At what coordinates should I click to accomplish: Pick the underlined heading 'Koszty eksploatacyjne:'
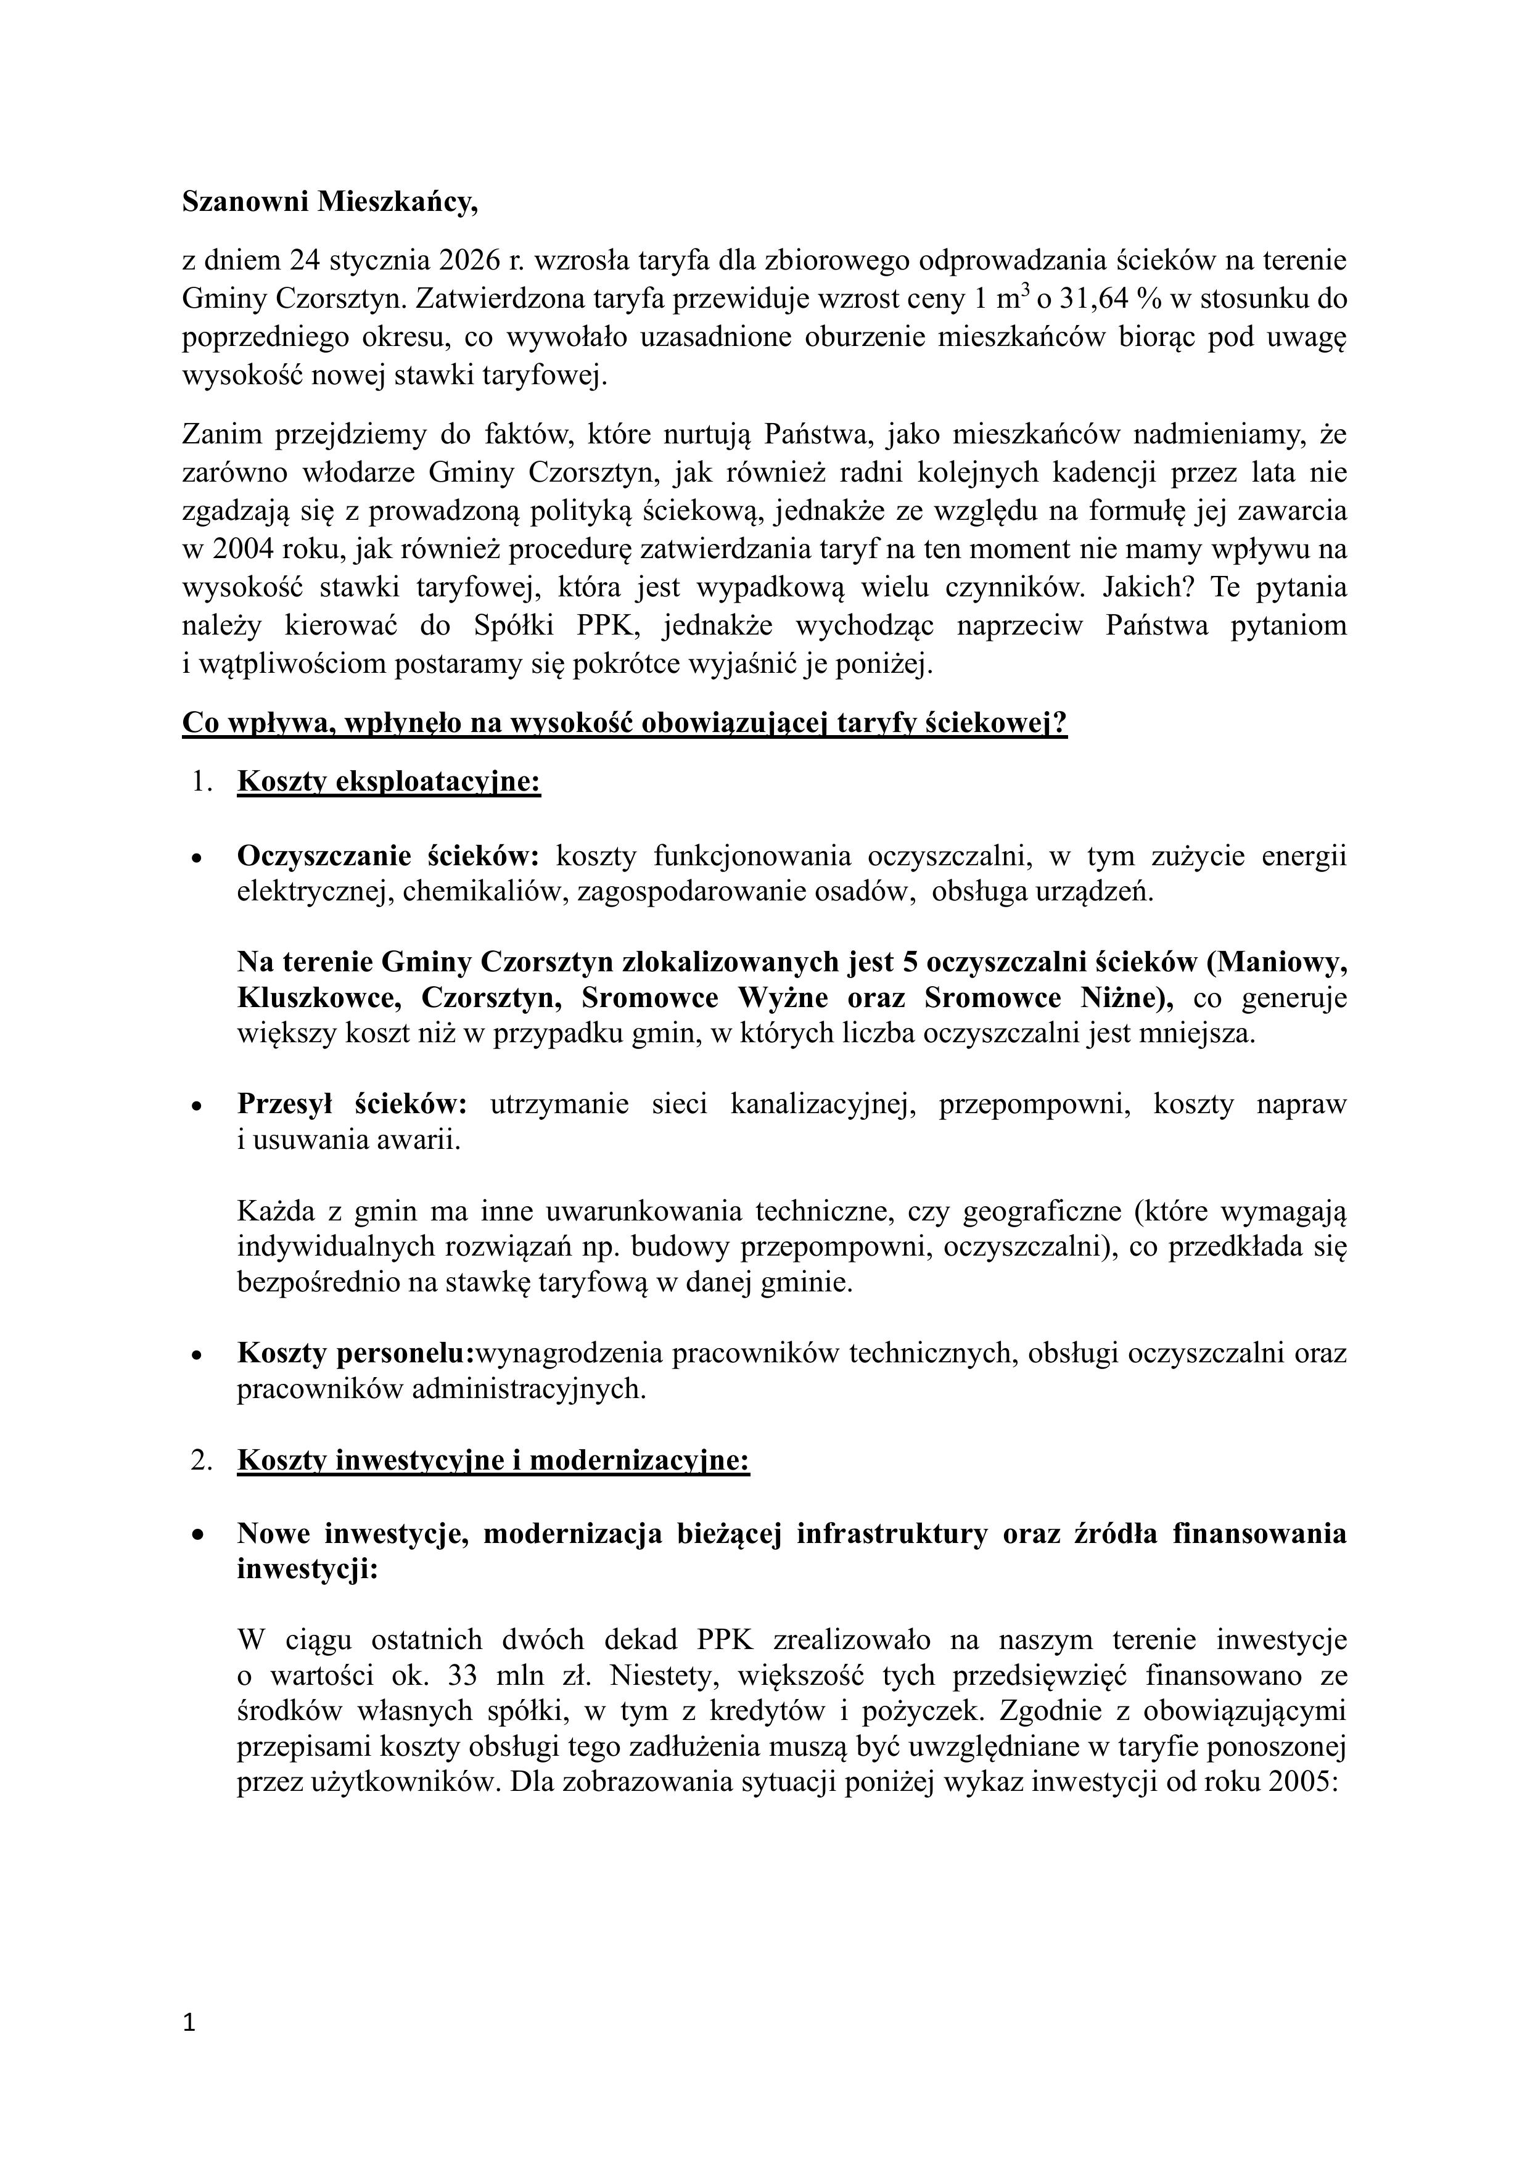click(389, 781)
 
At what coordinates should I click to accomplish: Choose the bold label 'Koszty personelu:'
click(355, 1354)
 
